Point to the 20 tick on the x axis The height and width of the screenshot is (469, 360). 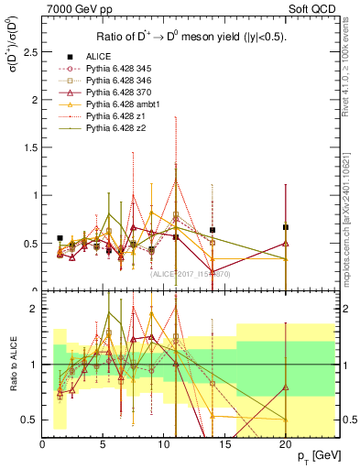click(285, 444)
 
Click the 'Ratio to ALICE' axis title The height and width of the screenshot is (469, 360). click(13, 365)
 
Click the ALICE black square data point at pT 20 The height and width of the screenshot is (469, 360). click(286, 227)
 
